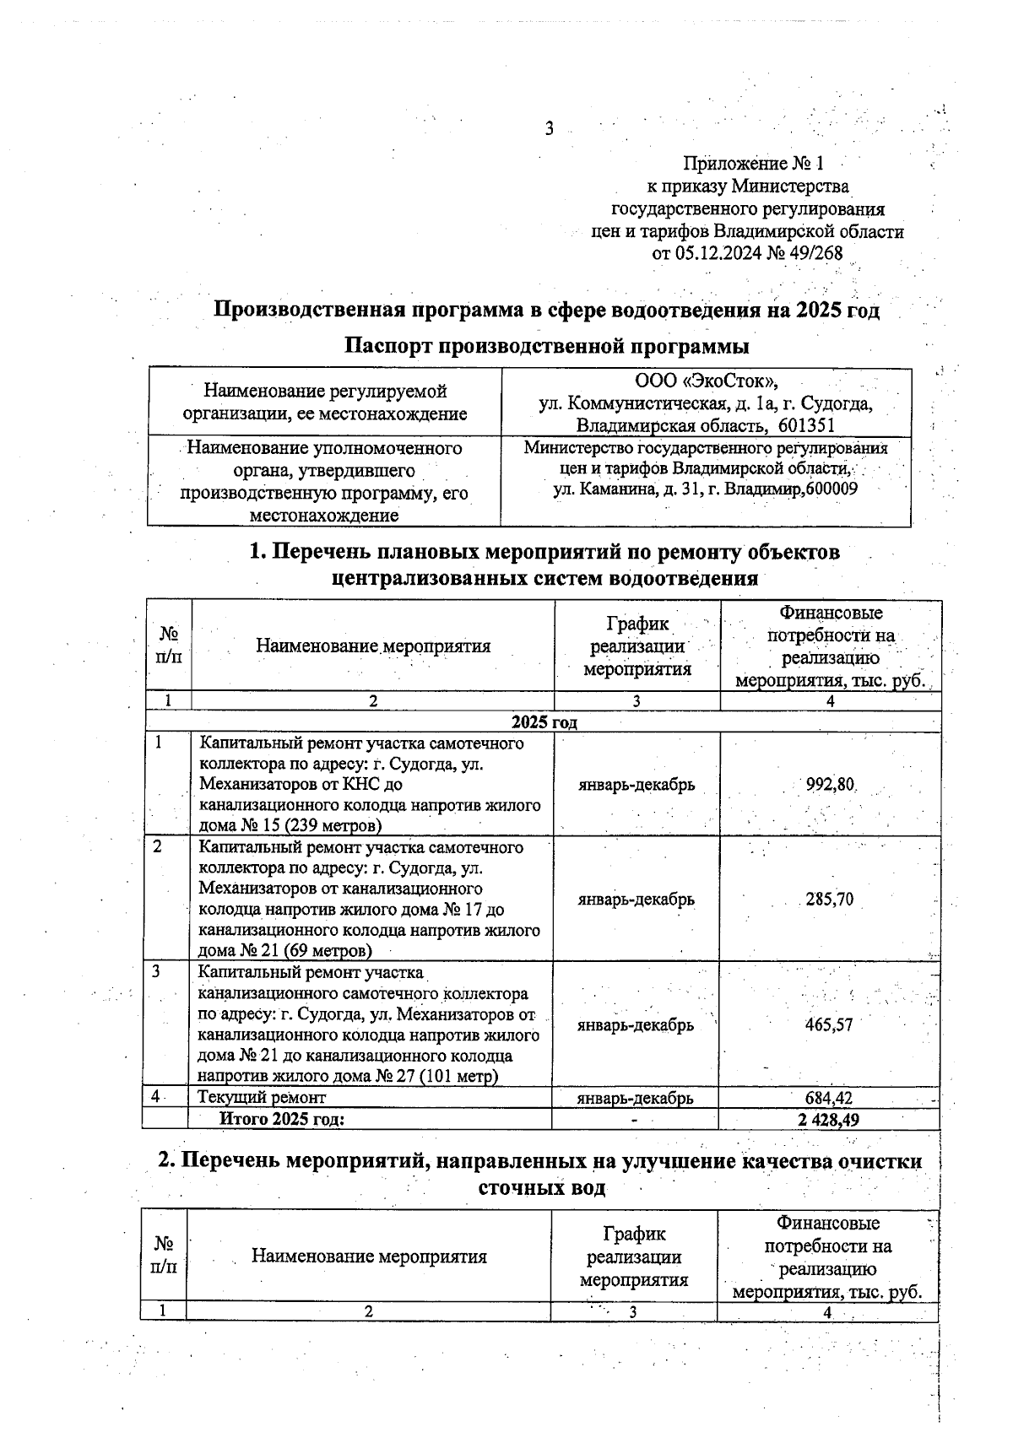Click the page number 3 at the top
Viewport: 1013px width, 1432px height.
pyautogui.click(x=549, y=129)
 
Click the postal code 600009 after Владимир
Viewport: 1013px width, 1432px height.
pyautogui.click(x=832, y=489)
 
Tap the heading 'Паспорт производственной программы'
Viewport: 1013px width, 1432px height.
pyautogui.click(x=548, y=346)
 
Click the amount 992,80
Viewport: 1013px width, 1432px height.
pyautogui.click(x=831, y=785)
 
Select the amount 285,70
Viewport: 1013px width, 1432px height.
pyautogui.click(x=829, y=900)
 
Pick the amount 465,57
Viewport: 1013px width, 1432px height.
pyautogui.click(x=829, y=1025)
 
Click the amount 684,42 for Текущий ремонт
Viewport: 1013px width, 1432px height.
pyautogui.click(x=829, y=1098)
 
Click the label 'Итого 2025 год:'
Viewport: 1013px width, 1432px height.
pyautogui.click(x=283, y=1119)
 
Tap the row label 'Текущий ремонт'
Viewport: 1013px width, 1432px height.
pyautogui.click(x=262, y=1098)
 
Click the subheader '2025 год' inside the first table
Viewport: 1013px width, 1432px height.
pyautogui.click(x=544, y=722)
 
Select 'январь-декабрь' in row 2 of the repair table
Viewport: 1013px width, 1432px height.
pyautogui.click(x=637, y=900)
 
